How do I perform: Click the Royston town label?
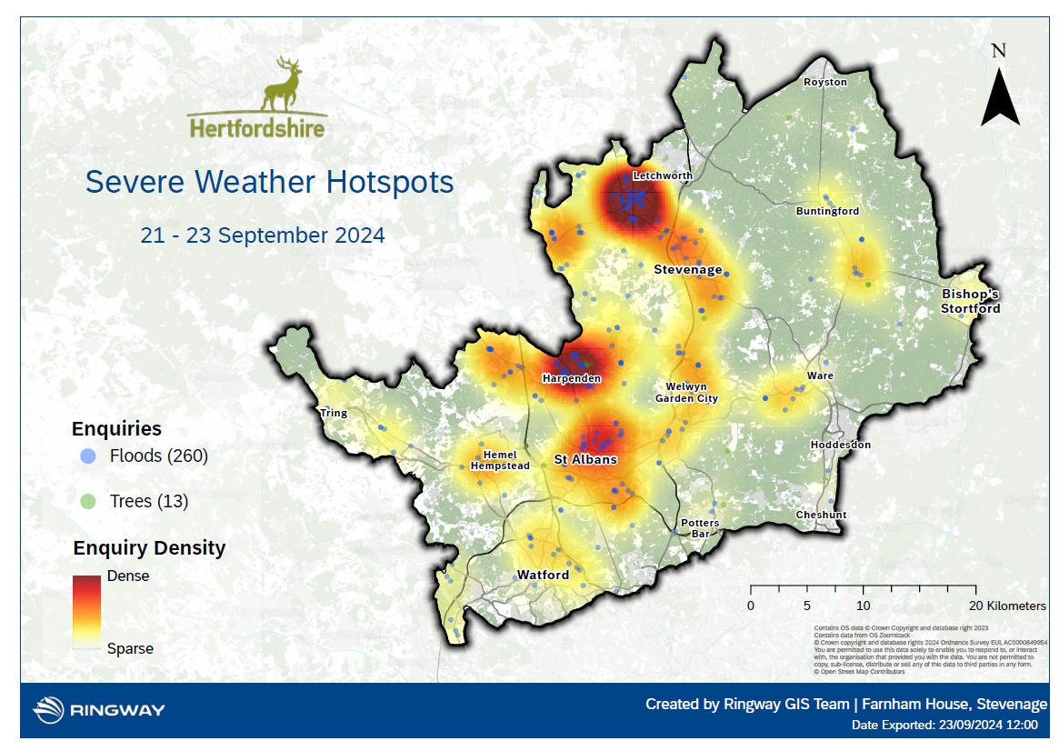[824, 82]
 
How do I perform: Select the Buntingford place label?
[827, 211]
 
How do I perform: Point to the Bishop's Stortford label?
[970, 301]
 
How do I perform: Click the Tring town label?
[334, 413]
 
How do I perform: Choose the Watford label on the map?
[543, 575]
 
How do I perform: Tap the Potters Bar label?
[700, 528]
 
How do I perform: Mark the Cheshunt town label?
[821, 515]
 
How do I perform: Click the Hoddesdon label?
[840, 445]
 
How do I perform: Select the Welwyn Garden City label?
[686, 393]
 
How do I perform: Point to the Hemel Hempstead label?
[500, 460]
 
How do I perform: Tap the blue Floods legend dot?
[87, 456]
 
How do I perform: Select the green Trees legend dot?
[87, 501]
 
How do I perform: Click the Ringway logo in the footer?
[99, 709]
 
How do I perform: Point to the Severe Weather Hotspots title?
[269, 182]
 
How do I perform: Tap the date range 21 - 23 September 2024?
[263, 235]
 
